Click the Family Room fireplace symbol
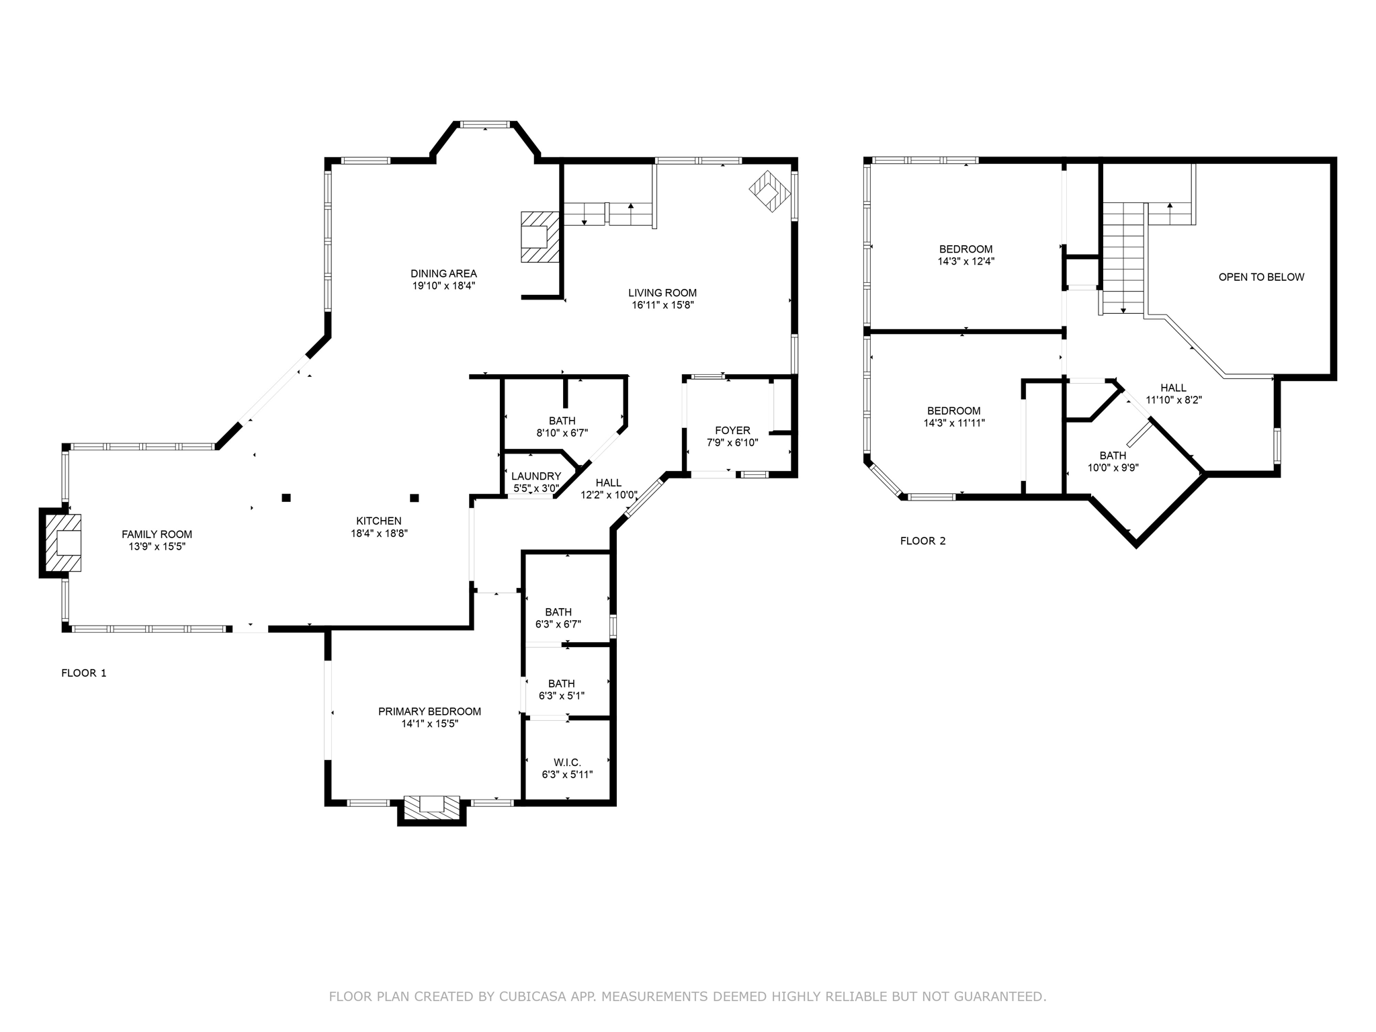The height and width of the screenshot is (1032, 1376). coord(62,542)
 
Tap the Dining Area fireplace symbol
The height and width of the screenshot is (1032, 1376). coord(540,236)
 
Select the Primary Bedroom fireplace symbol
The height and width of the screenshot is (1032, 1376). coord(431,806)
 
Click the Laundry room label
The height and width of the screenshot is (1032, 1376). coord(536,476)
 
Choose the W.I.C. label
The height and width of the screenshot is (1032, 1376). coord(568,763)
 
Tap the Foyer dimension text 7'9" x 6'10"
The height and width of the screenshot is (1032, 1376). coord(732,443)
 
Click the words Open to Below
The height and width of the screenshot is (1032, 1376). coord(1261,277)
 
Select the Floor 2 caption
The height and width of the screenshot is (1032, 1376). coord(922,541)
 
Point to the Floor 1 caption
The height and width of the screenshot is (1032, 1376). coord(84,673)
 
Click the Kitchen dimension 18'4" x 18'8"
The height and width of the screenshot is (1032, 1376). coord(380,533)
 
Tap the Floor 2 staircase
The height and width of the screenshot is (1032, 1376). coord(1123,258)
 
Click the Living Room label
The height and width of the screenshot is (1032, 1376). coord(662,293)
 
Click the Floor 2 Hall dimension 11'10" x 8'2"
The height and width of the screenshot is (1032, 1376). coord(1174,400)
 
